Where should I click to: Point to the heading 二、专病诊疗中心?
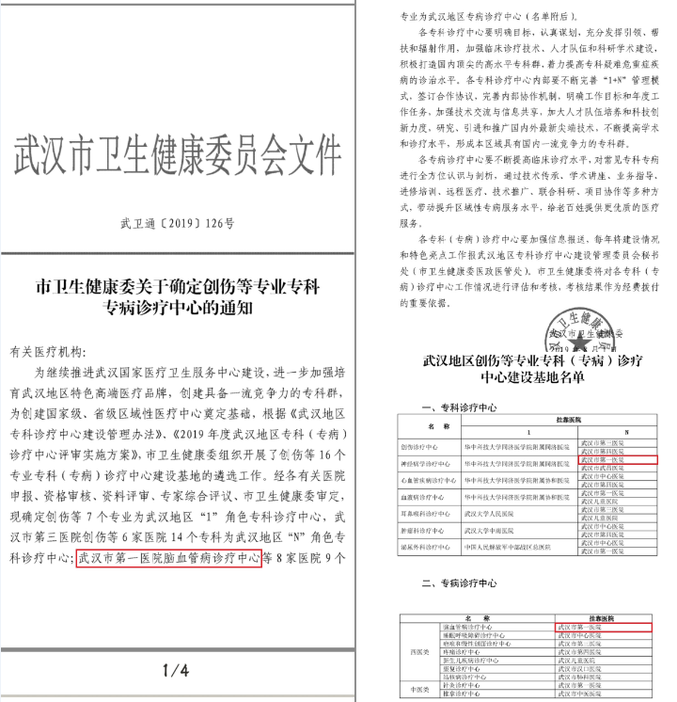click(460, 582)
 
